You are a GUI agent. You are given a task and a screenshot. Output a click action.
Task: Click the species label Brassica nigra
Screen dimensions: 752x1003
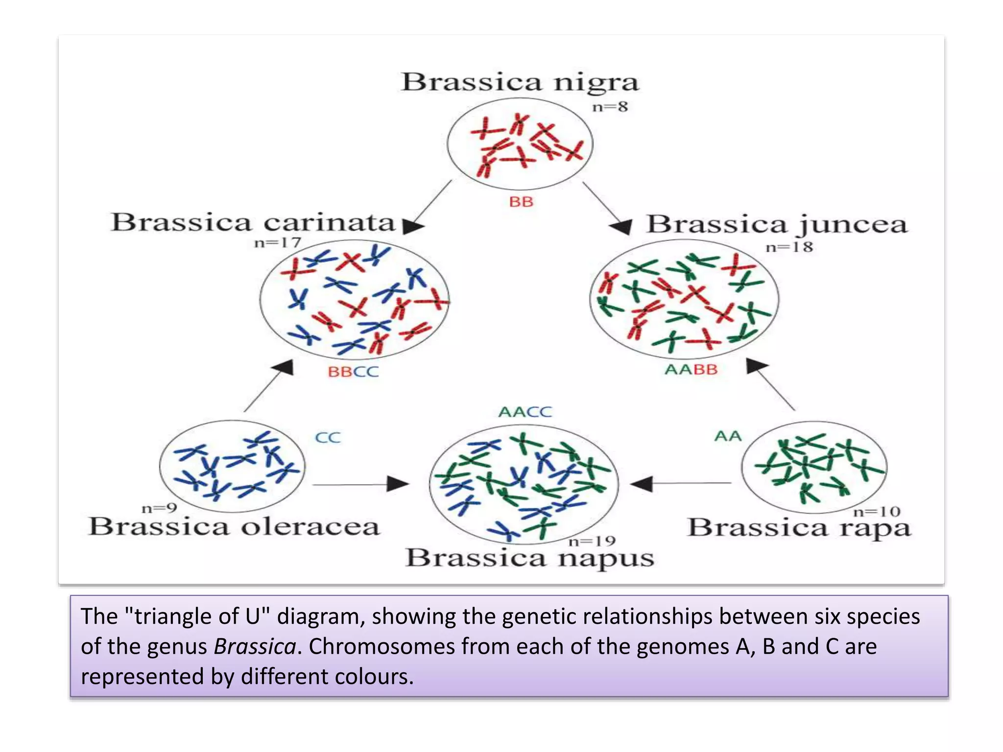point(520,82)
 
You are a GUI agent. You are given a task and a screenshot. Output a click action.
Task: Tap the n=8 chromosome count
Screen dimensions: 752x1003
point(610,107)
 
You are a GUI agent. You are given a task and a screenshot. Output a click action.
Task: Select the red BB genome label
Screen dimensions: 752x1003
point(521,202)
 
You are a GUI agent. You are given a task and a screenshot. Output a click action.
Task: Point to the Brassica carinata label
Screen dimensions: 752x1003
point(253,223)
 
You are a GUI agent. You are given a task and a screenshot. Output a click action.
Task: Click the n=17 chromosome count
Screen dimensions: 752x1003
point(277,242)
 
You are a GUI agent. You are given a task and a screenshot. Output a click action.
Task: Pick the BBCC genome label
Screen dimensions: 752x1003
point(353,372)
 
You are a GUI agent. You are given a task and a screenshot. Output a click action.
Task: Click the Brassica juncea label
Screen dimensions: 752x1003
point(777,225)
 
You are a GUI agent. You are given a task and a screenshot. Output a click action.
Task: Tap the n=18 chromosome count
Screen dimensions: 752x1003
point(789,247)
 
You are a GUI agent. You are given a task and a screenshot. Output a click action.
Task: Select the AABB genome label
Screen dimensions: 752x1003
point(691,369)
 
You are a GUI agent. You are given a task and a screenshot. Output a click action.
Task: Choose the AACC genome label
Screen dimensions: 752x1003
point(525,412)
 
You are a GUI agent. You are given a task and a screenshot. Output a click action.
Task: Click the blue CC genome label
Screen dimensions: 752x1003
point(327,437)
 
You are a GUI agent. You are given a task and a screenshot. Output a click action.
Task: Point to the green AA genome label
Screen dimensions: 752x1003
point(728,436)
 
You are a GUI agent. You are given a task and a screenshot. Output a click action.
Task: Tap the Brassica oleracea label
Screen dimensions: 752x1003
point(234,527)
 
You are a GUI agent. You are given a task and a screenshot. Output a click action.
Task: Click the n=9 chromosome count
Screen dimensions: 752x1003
point(159,508)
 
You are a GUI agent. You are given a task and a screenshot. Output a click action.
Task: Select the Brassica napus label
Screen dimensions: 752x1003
point(529,558)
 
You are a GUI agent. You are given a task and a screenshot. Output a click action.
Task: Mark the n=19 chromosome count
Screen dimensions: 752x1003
point(592,541)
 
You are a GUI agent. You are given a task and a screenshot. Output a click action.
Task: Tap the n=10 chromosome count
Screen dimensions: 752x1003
point(877,512)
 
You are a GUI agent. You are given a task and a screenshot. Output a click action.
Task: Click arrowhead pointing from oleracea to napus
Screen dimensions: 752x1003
point(398,484)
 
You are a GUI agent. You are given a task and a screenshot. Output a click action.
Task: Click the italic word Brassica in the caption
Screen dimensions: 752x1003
point(255,647)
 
